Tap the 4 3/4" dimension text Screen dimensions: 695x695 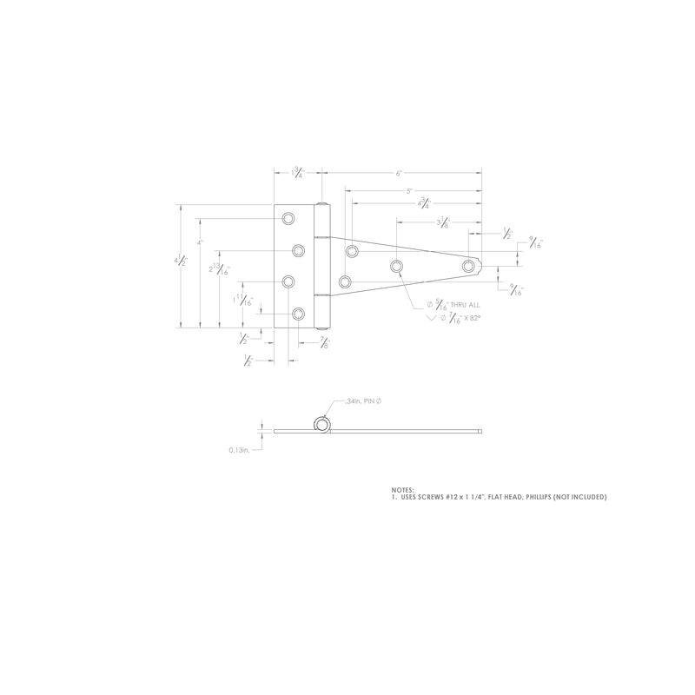(423, 204)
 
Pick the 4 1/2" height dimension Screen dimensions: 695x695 (181, 260)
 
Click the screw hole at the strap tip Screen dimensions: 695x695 (469, 266)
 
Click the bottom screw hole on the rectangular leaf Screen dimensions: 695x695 (298, 314)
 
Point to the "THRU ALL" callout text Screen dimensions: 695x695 (464, 305)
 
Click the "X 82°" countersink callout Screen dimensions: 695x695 (466, 320)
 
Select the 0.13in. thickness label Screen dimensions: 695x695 (240, 450)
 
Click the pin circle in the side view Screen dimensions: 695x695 (322, 424)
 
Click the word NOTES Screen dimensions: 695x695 (403, 489)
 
